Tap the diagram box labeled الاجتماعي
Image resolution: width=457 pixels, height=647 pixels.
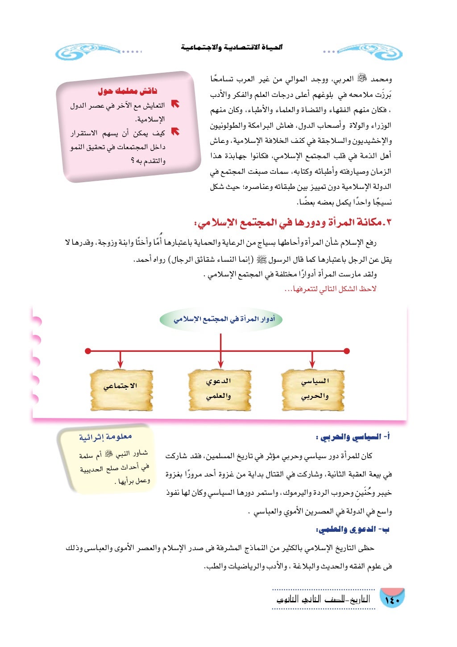[x=121, y=386]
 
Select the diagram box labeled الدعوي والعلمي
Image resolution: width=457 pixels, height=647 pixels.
[x=219, y=388]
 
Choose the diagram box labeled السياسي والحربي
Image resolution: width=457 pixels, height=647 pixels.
[x=314, y=388]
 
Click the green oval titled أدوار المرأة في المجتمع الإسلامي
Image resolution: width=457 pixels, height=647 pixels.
[x=220, y=319]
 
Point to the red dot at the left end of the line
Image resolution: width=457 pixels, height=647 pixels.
[x=88, y=351]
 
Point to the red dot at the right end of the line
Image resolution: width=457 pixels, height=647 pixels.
[x=347, y=351]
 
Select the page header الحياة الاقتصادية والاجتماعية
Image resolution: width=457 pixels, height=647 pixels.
[x=232, y=47]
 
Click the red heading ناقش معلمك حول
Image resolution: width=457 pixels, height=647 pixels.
[x=128, y=92]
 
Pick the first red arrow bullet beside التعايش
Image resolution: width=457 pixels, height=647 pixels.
[x=175, y=104]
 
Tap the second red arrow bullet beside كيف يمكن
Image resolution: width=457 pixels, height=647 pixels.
[x=175, y=132]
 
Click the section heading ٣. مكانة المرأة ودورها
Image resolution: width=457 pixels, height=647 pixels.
[x=293, y=222]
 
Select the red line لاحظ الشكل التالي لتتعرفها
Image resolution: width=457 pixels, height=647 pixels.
[x=330, y=289]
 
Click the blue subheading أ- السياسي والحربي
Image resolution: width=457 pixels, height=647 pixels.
[x=353, y=438]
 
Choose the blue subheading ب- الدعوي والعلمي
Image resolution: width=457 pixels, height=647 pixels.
[x=353, y=530]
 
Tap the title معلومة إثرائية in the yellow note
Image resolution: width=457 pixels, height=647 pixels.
[x=106, y=437]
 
